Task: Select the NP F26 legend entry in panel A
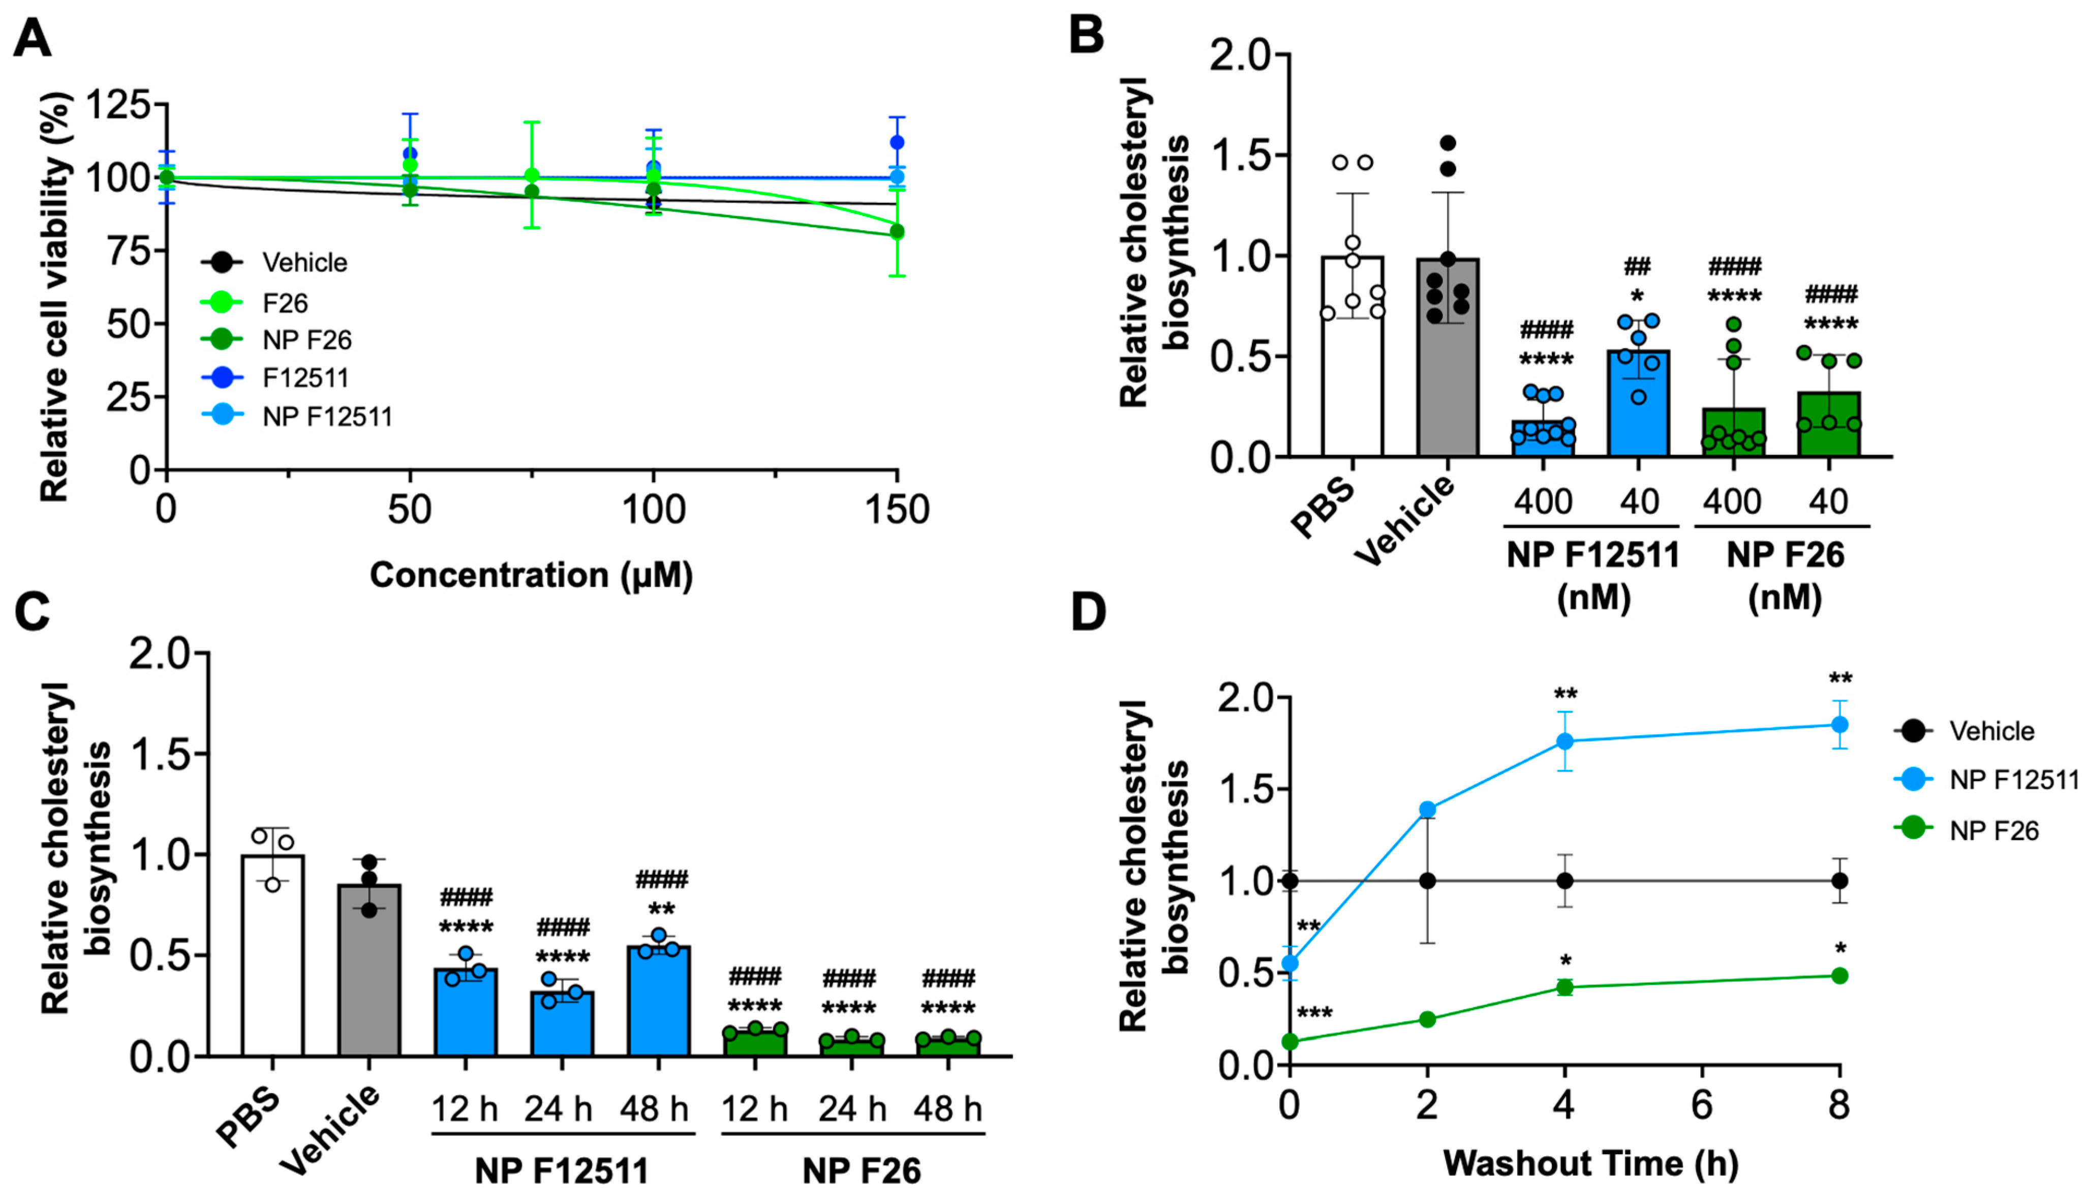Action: (306, 339)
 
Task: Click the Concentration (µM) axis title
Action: (531, 575)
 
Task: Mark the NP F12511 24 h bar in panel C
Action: (562, 1024)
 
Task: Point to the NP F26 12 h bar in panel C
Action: (754, 1042)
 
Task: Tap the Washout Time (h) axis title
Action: (1590, 1163)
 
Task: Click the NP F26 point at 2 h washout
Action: (1427, 1019)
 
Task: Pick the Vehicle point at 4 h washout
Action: (1564, 881)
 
